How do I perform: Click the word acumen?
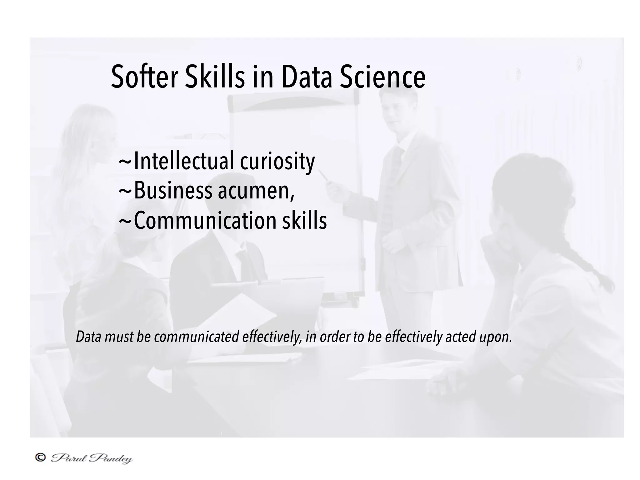click(x=256, y=191)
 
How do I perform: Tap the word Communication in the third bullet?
click(x=205, y=220)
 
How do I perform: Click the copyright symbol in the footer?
click(x=40, y=458)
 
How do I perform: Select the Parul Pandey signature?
click(x=92, y=458)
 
